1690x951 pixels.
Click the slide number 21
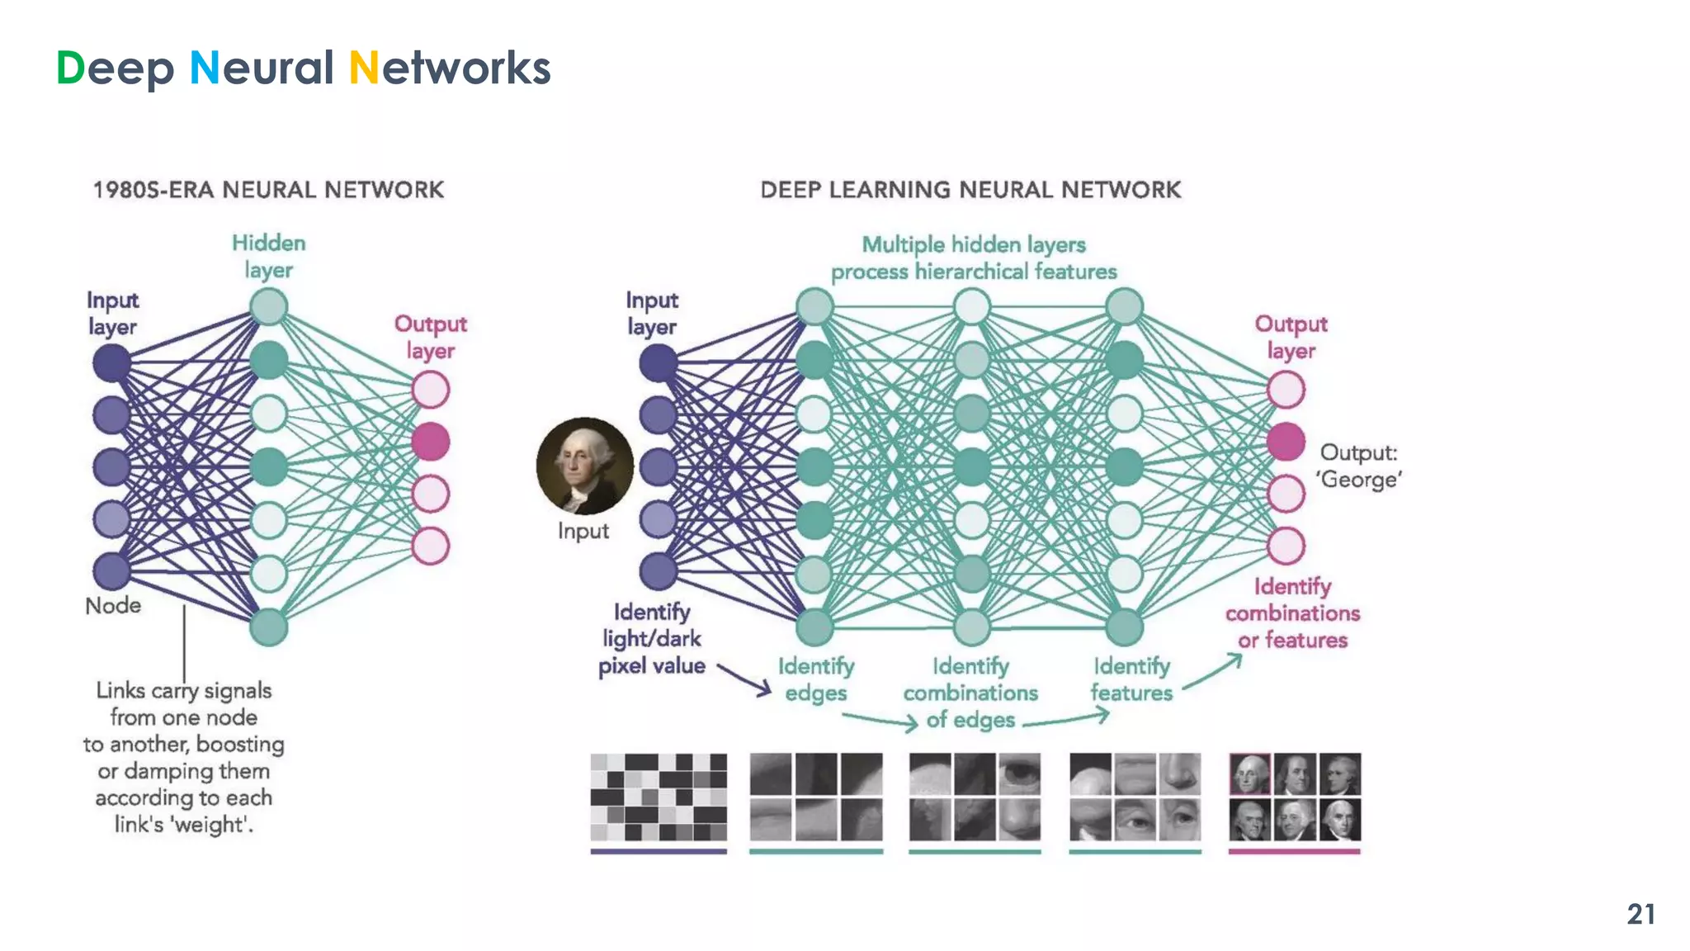tap(1640, 914)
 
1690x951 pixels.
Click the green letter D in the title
tap(71, 68)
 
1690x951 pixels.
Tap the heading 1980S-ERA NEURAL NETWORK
tap(268, 190)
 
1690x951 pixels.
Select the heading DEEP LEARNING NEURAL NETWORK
tap(970, 190)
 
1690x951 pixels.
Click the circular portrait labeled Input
tap(585, 466)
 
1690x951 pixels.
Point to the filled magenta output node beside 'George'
tap(1286, 442)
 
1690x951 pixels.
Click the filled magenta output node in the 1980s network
tap(431, 442)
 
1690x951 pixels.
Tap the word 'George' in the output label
tap(1358, 480)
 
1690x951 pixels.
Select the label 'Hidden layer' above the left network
tap(268, 256)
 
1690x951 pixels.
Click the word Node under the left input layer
tap(113, 606)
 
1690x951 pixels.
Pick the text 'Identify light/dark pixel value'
tap(651, 639)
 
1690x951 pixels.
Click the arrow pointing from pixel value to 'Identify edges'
tap(744, 679)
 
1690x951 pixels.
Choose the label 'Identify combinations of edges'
tap(970, 693)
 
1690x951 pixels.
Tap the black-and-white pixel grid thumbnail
tap(659, 797)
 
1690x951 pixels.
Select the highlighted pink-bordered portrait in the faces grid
tap(1249, 774)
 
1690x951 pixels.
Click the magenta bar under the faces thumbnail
tap(1294, 851)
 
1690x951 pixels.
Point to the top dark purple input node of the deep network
tap(658, 362)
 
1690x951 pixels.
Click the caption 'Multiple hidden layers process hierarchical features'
tap(974, 258)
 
